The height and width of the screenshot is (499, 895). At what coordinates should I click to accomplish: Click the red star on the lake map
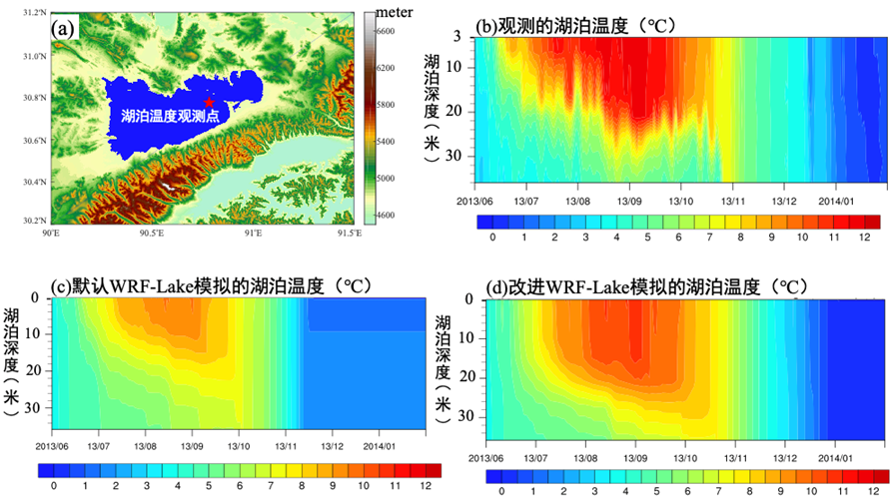[x=209, y=102]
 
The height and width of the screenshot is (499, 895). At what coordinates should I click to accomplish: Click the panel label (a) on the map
[x=65, y=28]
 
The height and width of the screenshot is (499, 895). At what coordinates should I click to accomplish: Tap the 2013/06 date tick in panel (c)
[x=52, y=447]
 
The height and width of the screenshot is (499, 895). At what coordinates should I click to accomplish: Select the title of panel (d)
[x=643, y=287]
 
